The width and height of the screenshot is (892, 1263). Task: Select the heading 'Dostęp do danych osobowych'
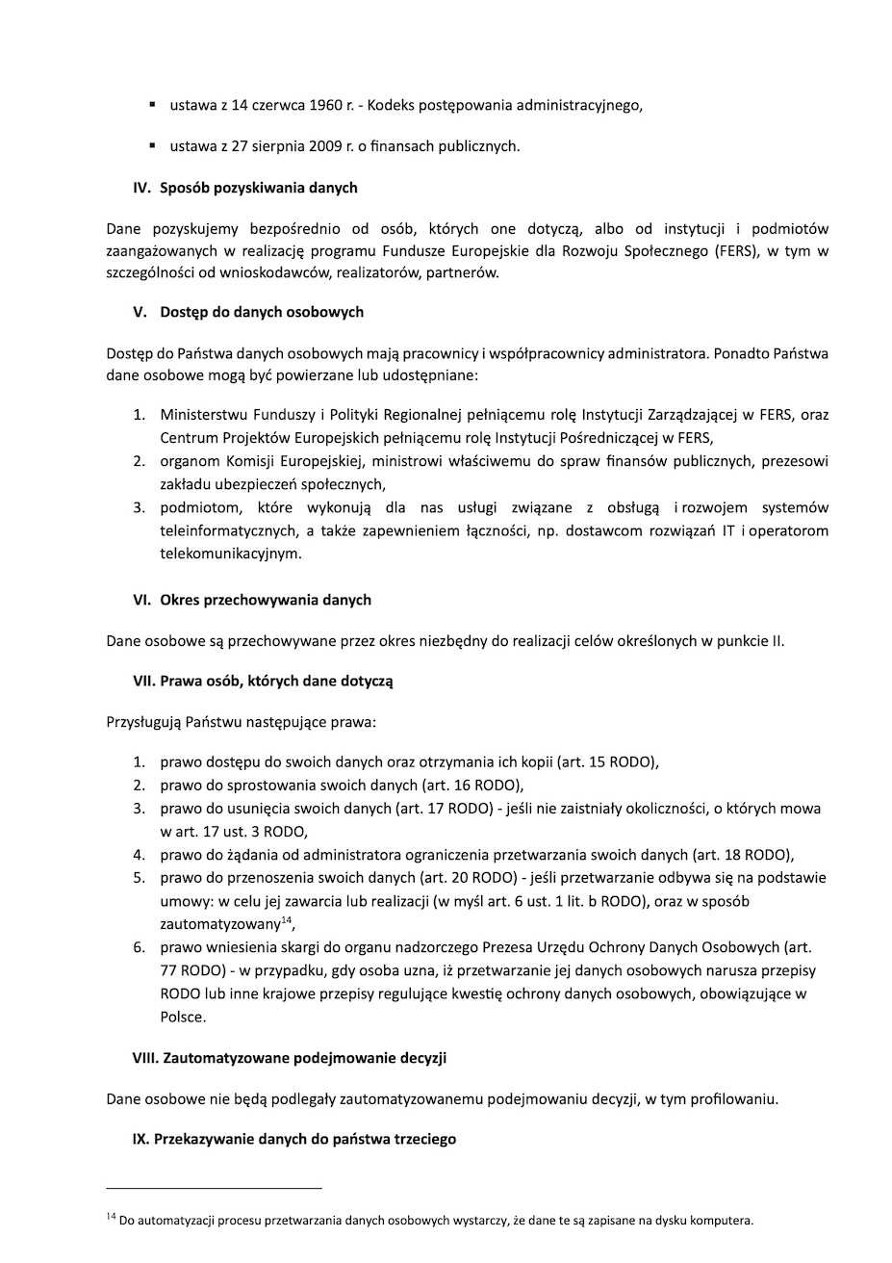click(262, 312)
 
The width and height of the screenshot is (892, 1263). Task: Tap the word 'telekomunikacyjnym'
click(231, 554)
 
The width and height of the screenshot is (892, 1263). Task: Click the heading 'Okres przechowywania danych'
click(266, 600)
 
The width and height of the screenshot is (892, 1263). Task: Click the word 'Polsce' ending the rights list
click(182, 1017)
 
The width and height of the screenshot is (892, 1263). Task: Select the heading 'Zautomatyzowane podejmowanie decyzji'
click(305, 1058)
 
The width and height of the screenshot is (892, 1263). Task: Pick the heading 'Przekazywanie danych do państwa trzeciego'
click(305, 1139)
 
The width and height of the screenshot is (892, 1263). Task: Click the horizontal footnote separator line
click(214, 1188)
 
